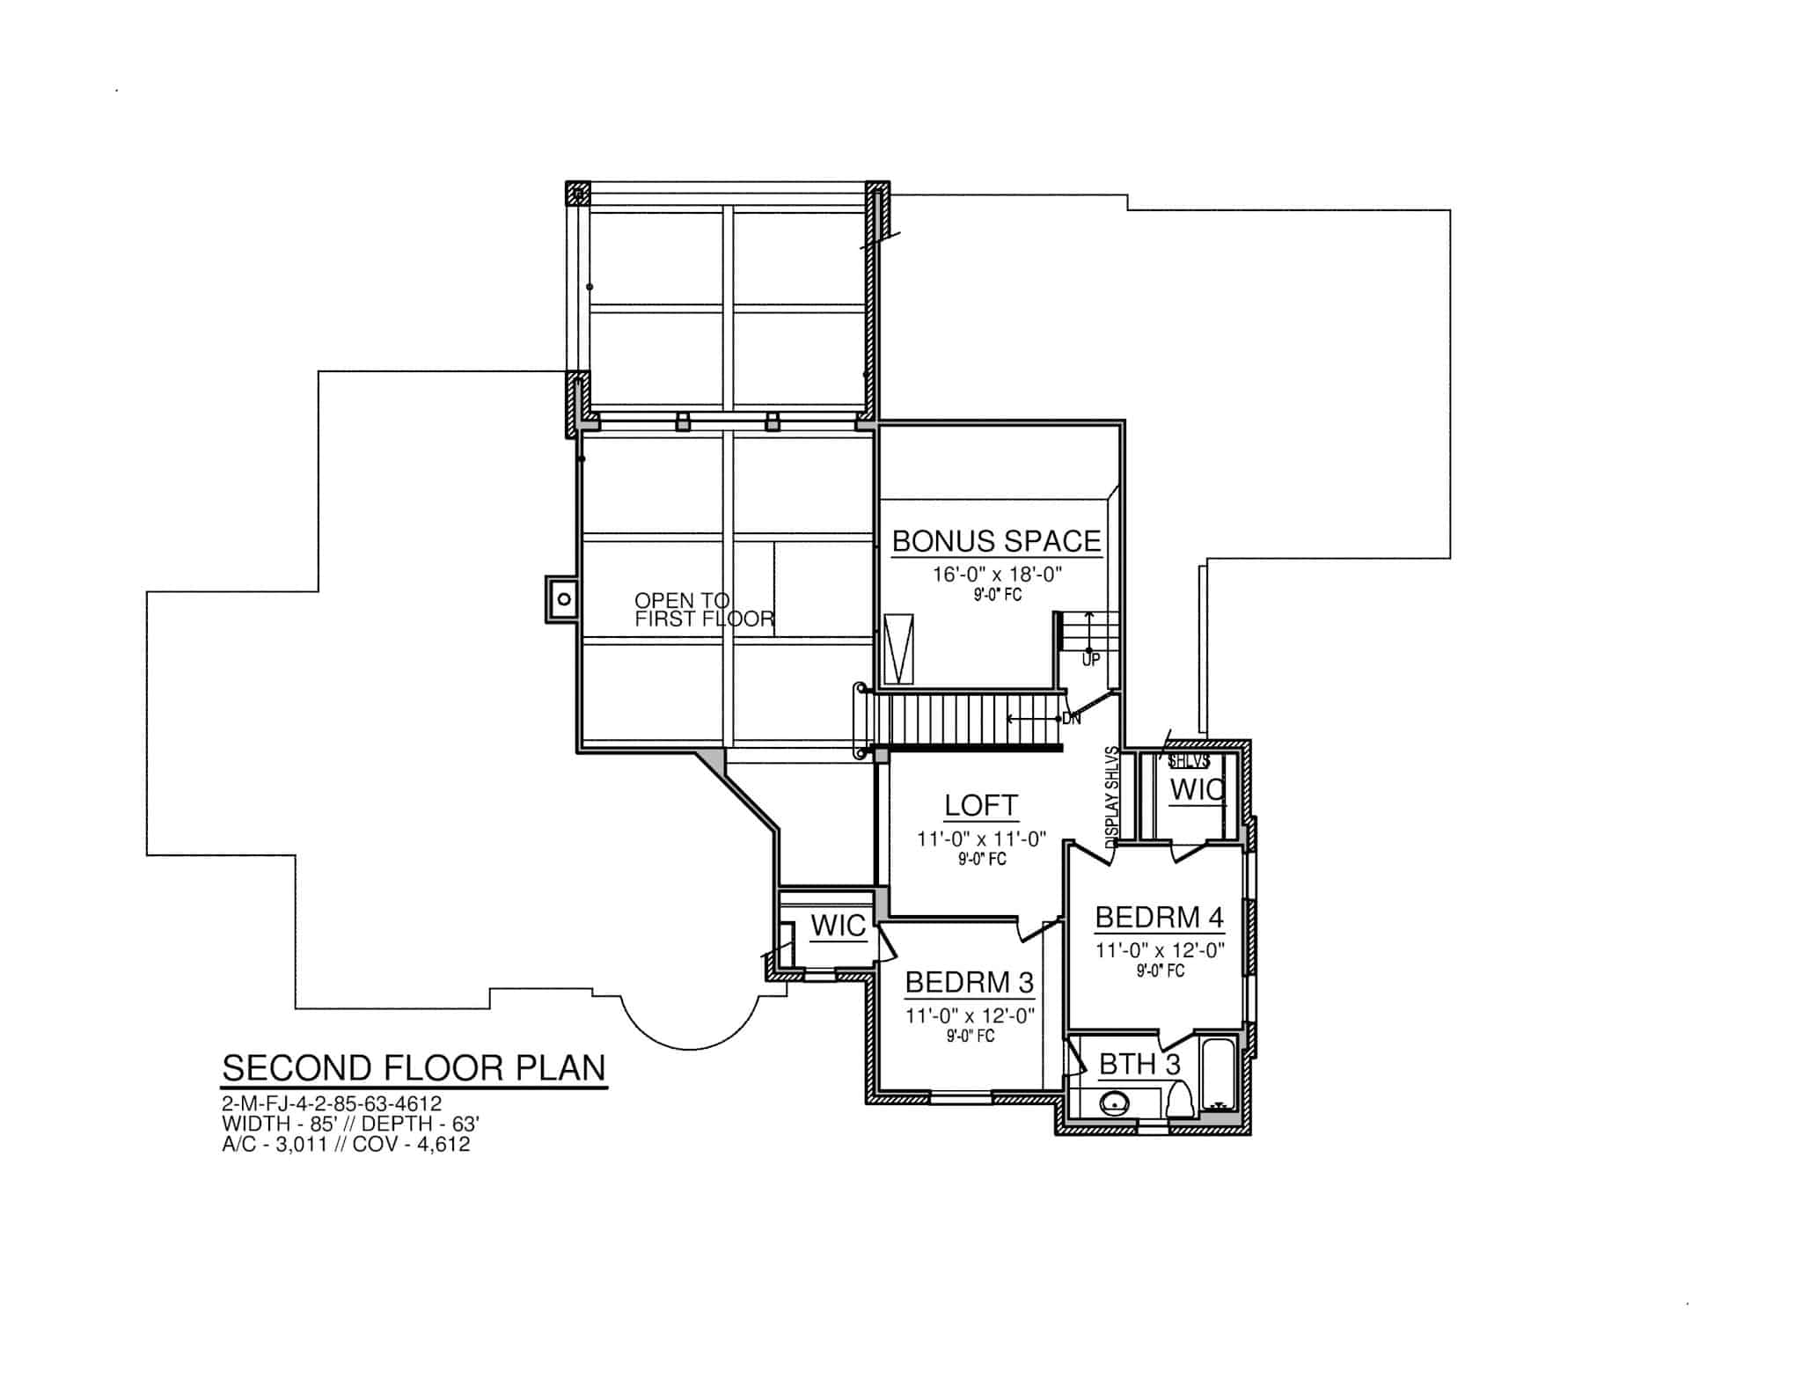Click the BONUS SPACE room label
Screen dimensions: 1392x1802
point(996,540)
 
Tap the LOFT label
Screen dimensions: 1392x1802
point(981,805)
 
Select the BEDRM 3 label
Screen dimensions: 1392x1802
point(970,982)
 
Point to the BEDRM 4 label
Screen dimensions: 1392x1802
point(1159,918)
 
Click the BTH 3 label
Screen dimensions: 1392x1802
point(1139,1065)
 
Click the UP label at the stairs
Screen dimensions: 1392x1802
point(1091,660)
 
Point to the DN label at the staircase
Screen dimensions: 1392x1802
point(1071,719)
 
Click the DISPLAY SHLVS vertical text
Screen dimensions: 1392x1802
point(1112,797)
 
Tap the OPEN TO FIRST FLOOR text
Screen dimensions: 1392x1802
point(704,610)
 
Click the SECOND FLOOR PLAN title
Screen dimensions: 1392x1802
point(414,1067)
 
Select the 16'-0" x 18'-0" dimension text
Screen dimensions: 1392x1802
point(998,575)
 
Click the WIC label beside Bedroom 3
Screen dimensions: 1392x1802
point(838,926)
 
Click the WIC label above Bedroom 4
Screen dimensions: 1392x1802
point(1197,790)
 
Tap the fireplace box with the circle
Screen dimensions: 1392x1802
point(562,599)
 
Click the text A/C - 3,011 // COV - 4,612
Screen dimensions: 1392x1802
point(346,1144)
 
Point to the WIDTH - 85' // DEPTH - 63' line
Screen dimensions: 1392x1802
point(350,1124)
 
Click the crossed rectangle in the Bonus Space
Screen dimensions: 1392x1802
point(899,649)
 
